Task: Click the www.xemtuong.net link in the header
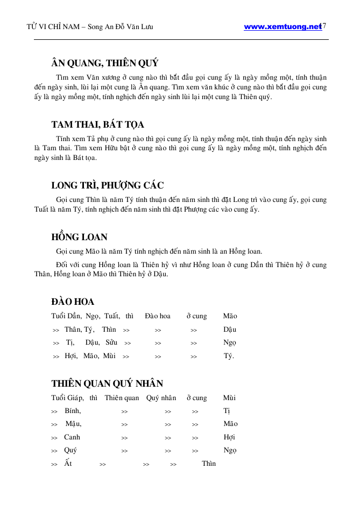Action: [282, 27]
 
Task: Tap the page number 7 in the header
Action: [324, 26]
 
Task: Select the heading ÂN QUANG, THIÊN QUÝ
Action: [104, 64]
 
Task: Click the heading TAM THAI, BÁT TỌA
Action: [97, 124]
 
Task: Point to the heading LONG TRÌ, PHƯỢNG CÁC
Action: [107, 186]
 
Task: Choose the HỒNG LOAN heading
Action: [79, 237]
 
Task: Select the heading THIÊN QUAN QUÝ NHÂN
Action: [107, 383]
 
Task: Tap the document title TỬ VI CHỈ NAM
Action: [51, 27]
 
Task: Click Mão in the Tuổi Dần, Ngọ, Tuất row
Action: [230, 316]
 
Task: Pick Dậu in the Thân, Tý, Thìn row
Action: [230, 330]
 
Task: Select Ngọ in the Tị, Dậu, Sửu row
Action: [230, 343]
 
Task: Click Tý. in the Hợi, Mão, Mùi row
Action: [229, 356]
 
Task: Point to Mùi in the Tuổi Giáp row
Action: [229, 398]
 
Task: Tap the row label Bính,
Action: [73, 411]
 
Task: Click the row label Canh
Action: [72, 437]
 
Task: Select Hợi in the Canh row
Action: [229, 437]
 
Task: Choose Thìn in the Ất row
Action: [209, 463]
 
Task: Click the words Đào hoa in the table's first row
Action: [158, 316]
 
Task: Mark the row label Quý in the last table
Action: [70, 450]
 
